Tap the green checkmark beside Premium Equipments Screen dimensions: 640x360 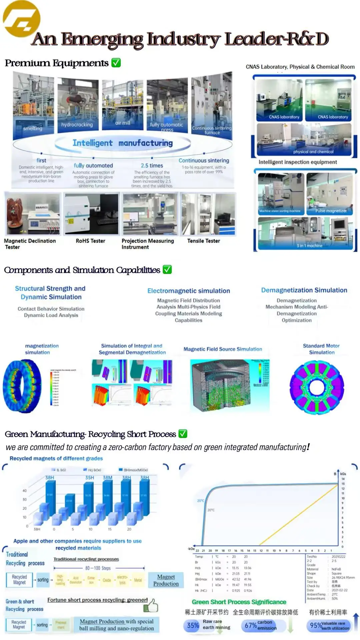coord(116,63)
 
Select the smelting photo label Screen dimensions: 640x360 coord(33,129)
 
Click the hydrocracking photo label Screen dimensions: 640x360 coord(77,125)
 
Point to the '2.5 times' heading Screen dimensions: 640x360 coord(152,165)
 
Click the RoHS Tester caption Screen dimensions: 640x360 coord(90,241)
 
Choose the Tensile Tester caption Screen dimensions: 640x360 coord(203,241)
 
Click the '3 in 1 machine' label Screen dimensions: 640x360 coord(309,245)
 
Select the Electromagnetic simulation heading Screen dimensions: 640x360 coord(189,291)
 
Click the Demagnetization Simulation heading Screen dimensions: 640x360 coord(304,290)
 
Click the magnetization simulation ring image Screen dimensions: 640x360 coord(22,386)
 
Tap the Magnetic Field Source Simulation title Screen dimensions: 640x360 coord(223,349)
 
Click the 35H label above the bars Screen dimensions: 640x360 coord(90,478)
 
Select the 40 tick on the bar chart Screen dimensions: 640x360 coord(25,491)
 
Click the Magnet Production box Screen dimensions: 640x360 coord(166,580)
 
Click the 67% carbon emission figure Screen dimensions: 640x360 coord(251,625)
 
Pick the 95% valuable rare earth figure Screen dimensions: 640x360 coord(316,625)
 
